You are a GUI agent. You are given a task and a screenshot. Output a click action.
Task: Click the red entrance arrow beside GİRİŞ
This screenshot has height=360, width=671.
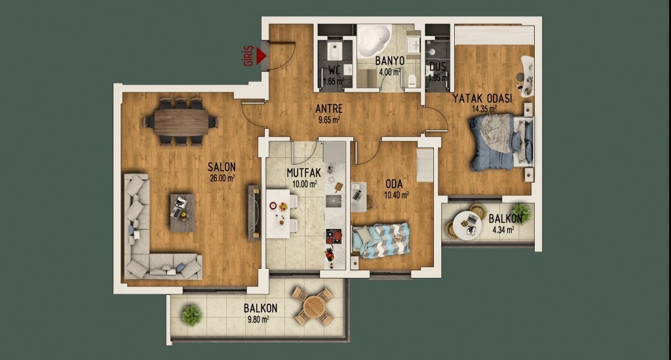pyautogui.click(x=261, y=56)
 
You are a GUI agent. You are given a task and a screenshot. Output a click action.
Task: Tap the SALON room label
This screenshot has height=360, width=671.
pyautogui.click(x=221, y=167)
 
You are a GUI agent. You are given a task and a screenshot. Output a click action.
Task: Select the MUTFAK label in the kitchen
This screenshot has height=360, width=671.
pyautogui.click(x=304, y=173)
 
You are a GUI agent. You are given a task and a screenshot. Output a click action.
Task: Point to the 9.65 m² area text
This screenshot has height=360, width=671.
pyautogui.click(x=329, y=120)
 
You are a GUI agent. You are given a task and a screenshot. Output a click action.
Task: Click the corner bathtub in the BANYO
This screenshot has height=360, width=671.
pyautogui.click(x=373, y=40)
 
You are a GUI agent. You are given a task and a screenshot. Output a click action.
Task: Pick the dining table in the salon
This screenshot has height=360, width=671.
pyautogui.click(x=182, y=123)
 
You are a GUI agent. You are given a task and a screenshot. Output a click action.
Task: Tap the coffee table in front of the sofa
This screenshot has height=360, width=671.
pyautogui.click(x=182, y=212)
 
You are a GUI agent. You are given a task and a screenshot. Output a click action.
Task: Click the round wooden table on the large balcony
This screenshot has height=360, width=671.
pyautogui.click(x=314, y=306)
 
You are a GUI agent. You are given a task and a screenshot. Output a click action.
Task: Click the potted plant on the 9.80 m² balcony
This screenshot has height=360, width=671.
pyautogui.click(x=191, y=315)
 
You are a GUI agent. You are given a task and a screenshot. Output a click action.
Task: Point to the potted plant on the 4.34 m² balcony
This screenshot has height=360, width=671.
pyautogui.click(x=521, y=212)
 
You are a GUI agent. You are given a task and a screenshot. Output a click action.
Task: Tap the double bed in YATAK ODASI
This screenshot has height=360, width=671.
pyautogui.click(x=501, y=142)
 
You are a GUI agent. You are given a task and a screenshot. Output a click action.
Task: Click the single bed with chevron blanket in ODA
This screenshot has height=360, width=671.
pyautogui.click(x=381, y=240)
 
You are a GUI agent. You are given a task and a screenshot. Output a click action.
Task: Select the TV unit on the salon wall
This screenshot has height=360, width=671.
pyautogui.click(x=254, y=213)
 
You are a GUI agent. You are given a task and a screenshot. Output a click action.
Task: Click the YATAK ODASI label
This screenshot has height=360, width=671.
pyautogui.click(x=482, y=98)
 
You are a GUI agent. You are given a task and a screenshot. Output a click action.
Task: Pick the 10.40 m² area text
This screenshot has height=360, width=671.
pyautogui.click(x=396, y=195)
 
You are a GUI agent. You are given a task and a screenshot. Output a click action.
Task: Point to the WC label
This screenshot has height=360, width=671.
pyautogui.click(x=334, y=70)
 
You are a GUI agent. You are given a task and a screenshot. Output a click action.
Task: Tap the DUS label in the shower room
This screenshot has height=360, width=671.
pyautogui.click(x=438, y=67)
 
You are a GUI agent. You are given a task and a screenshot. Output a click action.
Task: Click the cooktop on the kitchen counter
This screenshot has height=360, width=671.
pyautogui.click(x=334, y=236)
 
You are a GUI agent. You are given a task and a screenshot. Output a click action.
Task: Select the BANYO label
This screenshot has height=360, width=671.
pyautogui.click(x=390, y=61)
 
